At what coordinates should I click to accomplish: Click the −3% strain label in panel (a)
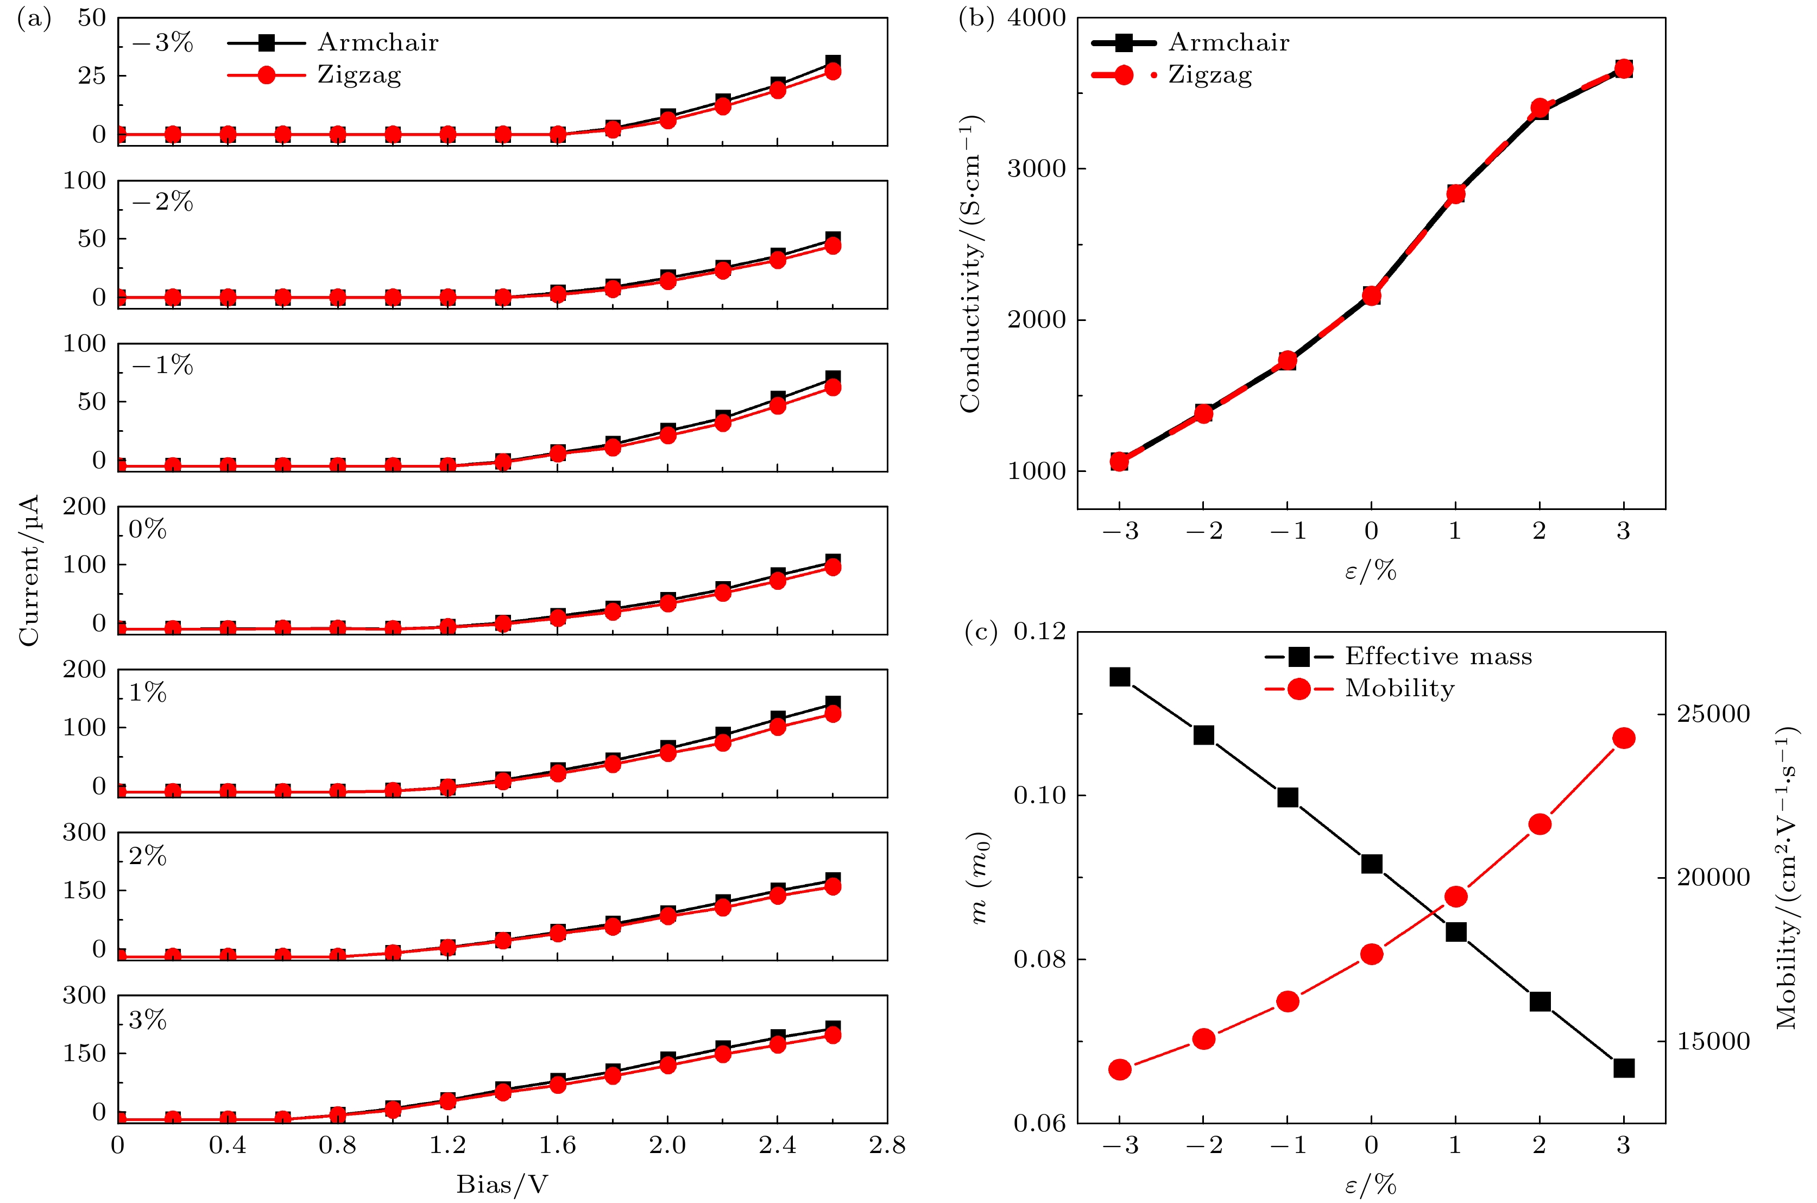pyautogui.click(x=162, y=43)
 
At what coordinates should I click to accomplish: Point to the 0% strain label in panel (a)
pyautogui.click(x=147, y=530)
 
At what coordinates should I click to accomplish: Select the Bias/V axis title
pyautogui.click(x=502, y=1185)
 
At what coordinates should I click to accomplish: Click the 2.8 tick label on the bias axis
pyautogui.click(x=887, y=1146)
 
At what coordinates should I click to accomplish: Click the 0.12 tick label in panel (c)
pyautogui.click(x=1039, y=632)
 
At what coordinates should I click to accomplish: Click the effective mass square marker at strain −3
pyautogui.click(x=1120, y=677)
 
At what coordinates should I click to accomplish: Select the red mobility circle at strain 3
pyautogui.click(x=1624, y=738)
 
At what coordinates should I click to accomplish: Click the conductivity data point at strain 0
pyautogui.click(x=1371, y=295)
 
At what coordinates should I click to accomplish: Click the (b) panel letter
pyautogui.click(x=976, y=18)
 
